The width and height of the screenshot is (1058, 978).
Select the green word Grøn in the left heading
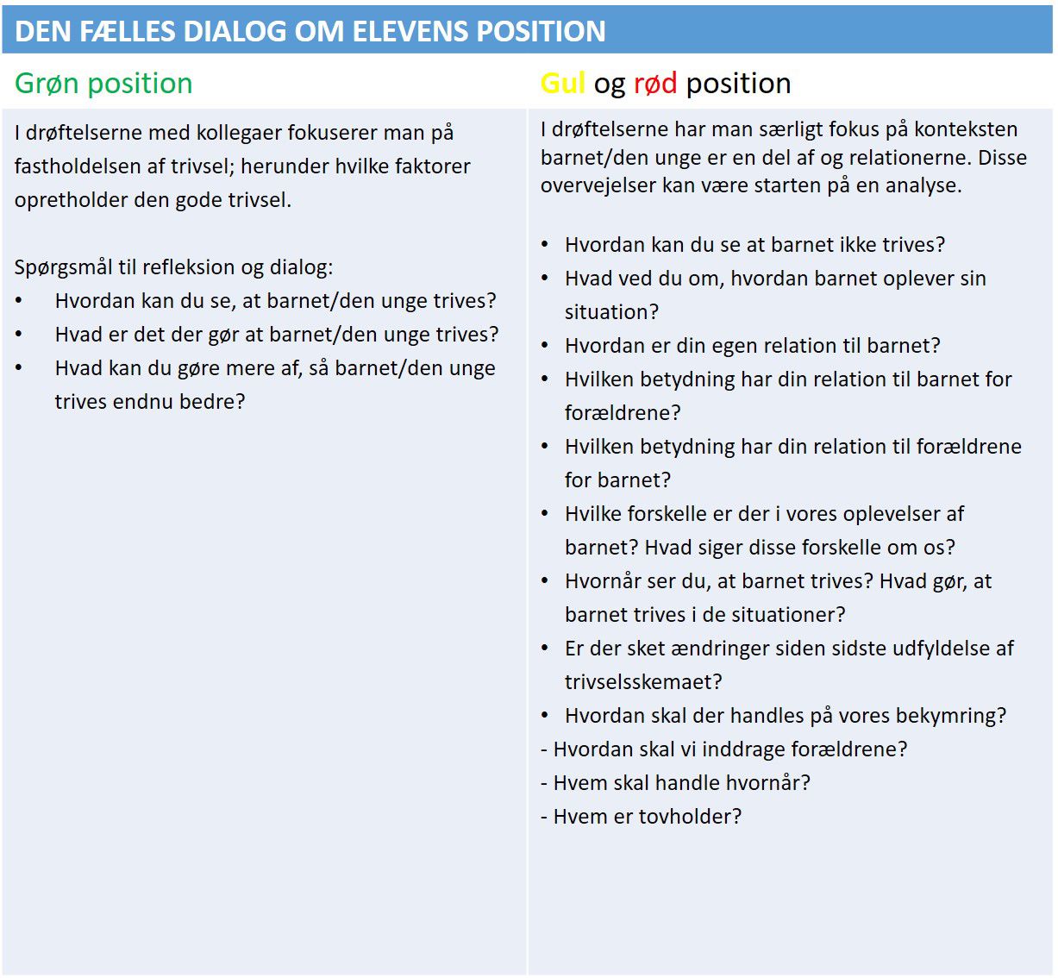coord(47,84)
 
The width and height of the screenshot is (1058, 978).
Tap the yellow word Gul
coord(562,84)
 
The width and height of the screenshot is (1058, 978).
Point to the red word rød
coord(655,84)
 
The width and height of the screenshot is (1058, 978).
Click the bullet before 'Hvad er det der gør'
coord(19,335)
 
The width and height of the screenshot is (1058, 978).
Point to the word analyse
coord(923,185)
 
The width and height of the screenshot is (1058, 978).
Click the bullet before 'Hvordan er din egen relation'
coord(545,346)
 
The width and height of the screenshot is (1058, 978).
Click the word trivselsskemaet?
coord(643,682)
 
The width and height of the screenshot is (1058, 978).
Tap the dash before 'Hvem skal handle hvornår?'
coord(544,783)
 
